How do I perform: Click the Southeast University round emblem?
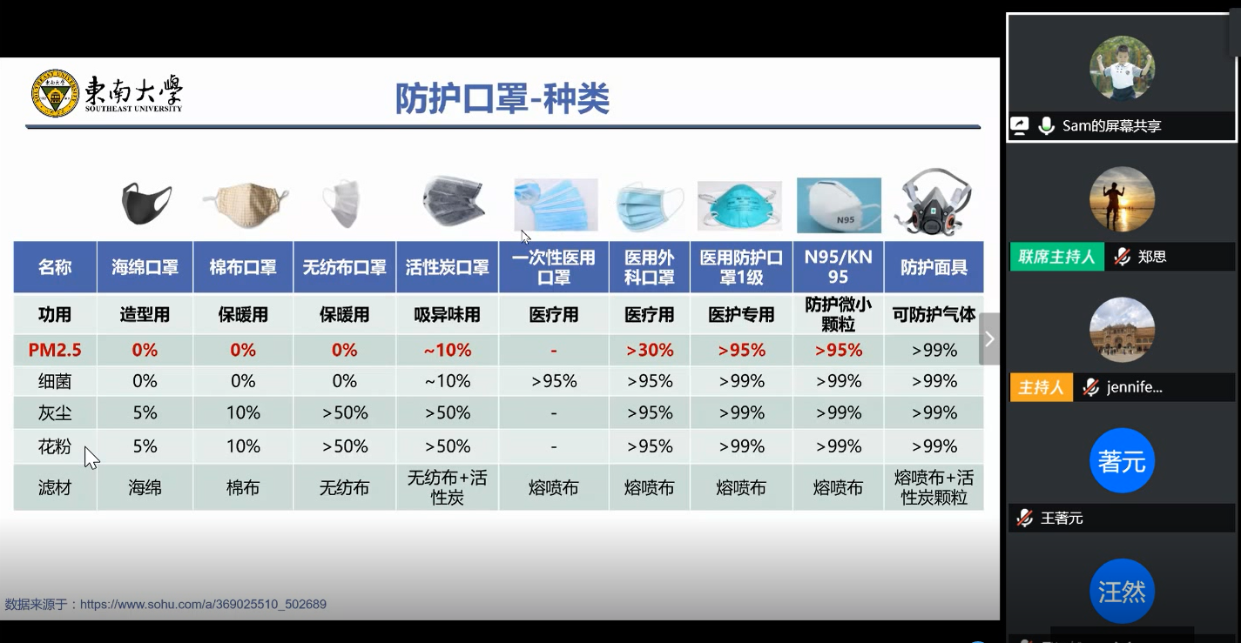tap(55, 93)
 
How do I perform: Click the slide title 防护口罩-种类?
tap(502, 98)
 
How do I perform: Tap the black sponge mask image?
tap(146, 203)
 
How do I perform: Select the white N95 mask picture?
tap(839, 205)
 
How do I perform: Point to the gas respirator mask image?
tap(934, 202)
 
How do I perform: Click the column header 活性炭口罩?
tap(447, 268)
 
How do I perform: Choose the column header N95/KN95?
tap(839, 267)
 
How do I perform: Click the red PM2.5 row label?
tap(54, 350)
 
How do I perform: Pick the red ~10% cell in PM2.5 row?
tap(447, 350)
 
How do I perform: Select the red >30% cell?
tap(650, 350)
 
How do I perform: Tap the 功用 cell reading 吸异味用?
tap(447, 315)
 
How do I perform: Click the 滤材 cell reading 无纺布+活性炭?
tap(447, 487)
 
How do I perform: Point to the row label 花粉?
tap(54, 446)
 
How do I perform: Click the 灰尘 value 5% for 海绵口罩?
tap(145, 412)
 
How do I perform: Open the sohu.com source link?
tap(203, 604)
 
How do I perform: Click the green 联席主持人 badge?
tap(1056, 257)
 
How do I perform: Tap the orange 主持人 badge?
tap(1041, 387)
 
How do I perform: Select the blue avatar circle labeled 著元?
tap(1122, 461)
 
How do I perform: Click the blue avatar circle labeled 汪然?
tap(1122, 592)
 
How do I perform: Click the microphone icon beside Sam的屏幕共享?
tap(1046, 125)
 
